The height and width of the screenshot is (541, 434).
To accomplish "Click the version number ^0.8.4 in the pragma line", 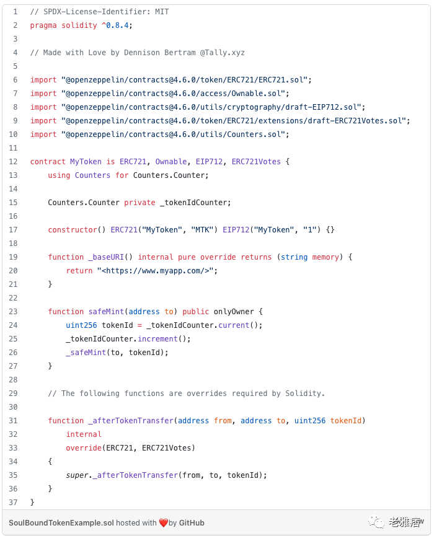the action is [115, 25].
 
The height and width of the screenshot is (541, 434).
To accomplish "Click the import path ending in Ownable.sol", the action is [175, 94].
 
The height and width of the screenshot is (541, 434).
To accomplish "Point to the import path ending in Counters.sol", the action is [175, 134].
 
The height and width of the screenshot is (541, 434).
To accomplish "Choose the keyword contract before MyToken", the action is [48, 162].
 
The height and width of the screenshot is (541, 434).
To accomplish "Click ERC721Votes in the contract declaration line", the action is [256, 162].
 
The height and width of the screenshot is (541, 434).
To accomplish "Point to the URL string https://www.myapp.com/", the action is [157, 271].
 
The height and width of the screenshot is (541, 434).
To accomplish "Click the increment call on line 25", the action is [160, 339].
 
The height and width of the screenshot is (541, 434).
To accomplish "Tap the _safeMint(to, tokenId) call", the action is [117, 353].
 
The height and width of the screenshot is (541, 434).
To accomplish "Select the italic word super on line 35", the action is [77, 475].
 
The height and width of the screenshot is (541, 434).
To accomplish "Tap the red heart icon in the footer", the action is [164, 523].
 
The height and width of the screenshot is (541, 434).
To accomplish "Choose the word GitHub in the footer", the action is [192, 522].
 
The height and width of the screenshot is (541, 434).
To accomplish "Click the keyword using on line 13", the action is [59, 175].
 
